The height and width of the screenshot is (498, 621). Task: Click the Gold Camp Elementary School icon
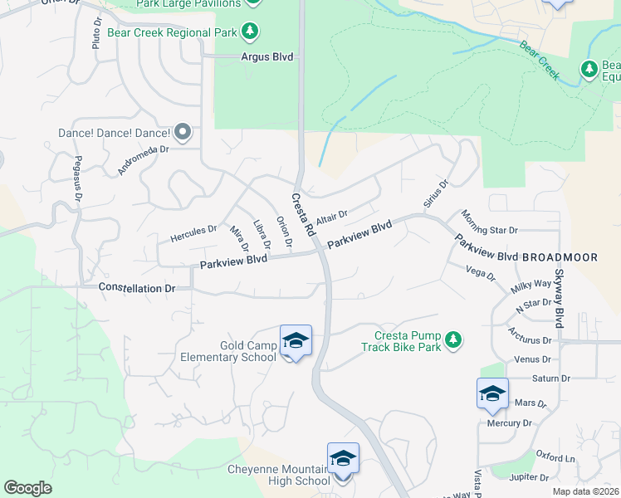coord(296,341)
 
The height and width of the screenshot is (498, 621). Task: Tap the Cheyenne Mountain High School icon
coord(343,459)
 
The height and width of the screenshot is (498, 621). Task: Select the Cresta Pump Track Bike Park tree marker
coord(453,339)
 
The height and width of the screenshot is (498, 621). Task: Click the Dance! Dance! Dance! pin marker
coord(183,132)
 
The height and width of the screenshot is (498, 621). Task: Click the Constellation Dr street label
coord(137,287)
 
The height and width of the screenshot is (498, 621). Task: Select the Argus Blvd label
coord(266,56)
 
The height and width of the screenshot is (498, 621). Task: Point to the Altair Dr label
coord(331,217)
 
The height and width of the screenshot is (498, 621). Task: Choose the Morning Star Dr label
coord(490,222)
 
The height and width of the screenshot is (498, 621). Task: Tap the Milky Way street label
coord(531,284)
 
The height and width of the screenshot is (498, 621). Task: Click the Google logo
coord(27,488)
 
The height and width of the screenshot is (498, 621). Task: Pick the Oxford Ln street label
coord(555,457)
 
